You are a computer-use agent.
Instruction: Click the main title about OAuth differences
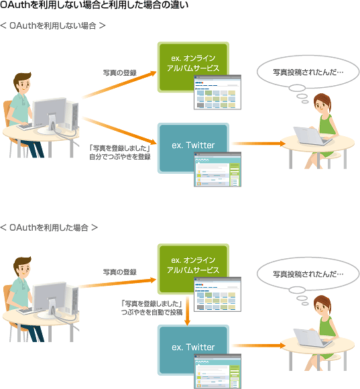click(x=94, y=5)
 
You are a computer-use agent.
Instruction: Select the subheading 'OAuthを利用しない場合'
click(x=52, y=25)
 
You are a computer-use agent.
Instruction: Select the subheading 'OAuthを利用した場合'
click(x=48, y=227)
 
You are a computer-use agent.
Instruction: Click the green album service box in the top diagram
click(x=193, y=67)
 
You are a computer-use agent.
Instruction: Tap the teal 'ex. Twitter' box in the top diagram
click(x=193, y=148)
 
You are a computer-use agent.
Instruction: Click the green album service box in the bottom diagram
click(x=193, y=269)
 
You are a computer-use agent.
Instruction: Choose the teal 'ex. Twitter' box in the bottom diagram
click(x=193, y=350)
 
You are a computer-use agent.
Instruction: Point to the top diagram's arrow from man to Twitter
click(x=119, y=131)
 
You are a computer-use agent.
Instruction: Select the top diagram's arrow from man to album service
click(x=119, y=85)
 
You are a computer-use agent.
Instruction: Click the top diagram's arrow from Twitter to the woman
click(x=259, y=144)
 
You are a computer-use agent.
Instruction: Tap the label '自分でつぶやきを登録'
click(x=120, y=157)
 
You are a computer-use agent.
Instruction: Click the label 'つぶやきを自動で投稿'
click(x=152, y=312)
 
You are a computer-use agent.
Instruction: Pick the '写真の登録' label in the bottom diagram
click(x=120, y=272)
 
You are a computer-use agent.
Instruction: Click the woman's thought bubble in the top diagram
click(x=308, y=72)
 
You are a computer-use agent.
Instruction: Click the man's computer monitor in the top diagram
click(x=50, y=113)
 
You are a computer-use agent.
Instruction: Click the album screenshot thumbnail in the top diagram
click(x=217, y=92)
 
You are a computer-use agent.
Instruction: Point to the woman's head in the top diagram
click(x=322, y=103)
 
